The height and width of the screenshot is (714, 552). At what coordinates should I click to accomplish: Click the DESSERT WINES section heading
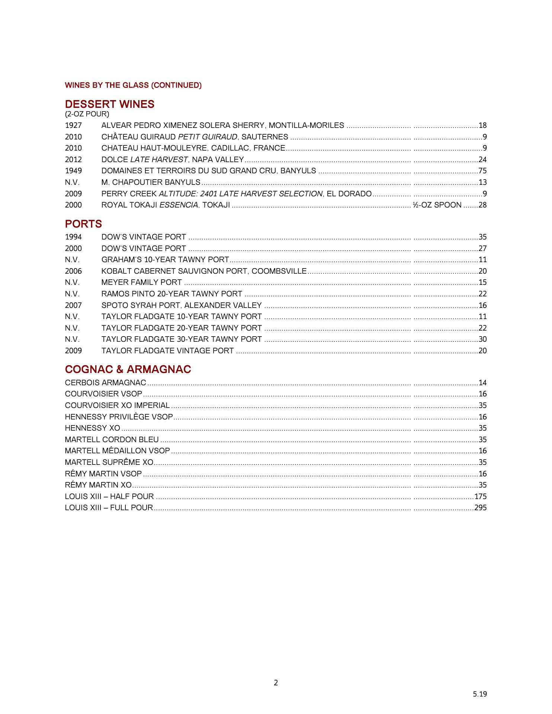tap(109, 104)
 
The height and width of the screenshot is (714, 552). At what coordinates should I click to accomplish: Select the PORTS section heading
tap(83, 224)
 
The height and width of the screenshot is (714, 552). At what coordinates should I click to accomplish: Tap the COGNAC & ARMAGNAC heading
tap(128, 369)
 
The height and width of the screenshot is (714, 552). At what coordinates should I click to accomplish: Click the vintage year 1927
tap(73, 126)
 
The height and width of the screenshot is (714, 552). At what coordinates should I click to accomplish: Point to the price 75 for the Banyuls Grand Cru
tap(482, 171)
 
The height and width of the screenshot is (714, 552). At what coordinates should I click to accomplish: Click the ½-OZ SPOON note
tap(437, 205)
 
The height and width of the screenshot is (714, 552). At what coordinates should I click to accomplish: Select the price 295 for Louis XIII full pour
tap(481, 508)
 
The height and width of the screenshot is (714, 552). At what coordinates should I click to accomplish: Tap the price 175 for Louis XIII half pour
tap(481, 496)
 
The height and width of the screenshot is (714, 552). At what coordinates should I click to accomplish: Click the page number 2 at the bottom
tap(276, 683)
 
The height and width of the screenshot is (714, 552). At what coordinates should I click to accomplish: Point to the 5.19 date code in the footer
tap(480, 694)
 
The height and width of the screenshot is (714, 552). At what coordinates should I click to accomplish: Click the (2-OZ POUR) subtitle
tap(87, 114)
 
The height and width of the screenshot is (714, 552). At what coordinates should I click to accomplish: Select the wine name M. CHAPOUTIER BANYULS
tap(151, 182)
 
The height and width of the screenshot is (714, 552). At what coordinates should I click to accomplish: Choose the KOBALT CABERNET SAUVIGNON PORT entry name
tap(204, 271)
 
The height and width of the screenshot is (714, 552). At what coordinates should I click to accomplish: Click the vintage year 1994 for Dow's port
tap(73, 237)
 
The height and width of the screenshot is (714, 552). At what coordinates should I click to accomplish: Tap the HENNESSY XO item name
tap(92, 428)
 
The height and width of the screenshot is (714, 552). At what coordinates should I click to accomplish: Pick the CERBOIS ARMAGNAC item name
tap(105, 383)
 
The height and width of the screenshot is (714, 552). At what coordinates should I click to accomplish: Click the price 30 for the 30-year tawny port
tap(482, 339)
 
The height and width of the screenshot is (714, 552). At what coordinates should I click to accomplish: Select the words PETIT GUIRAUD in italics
tap(208, 137)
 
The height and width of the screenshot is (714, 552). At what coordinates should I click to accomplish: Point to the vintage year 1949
tap(73, 171)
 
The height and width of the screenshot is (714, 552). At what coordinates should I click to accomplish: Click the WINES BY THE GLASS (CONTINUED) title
tap(133, 85)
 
